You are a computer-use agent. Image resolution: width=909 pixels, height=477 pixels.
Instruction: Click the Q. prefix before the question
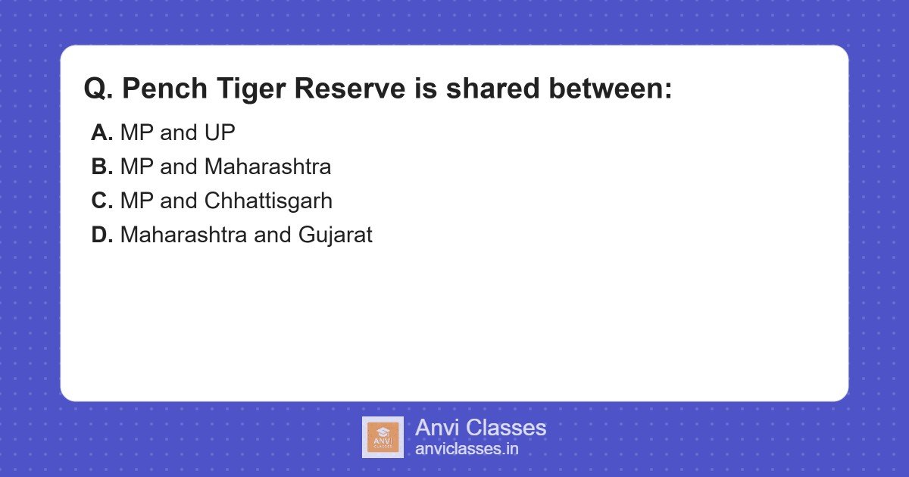pyautogui.click(x=98, y=89)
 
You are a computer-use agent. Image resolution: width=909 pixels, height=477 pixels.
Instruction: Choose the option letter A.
pyautogui.click(x=102, y=133)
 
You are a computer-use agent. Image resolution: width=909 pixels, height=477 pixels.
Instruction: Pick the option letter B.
pyautogui.click(x=102, y=167)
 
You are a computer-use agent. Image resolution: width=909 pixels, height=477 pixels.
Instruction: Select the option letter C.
pyautogui.click(x=102, y=201)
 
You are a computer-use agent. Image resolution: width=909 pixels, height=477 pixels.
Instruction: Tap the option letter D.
pyautogui.click(x=102, y=235)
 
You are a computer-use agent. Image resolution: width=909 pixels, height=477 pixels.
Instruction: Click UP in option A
pyautogui.click(x=220, y=133)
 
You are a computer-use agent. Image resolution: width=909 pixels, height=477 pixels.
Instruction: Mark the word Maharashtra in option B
pyautogui.click(x=267, y=167)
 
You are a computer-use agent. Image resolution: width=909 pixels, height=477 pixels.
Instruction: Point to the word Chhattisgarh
pyautogui.click(x=268, y=201)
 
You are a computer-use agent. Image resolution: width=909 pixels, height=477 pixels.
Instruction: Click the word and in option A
pyautogui.click(x=179, y=133)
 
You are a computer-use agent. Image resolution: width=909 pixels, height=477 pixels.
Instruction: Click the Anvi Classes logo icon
pyautogui.click(x=383, y=437)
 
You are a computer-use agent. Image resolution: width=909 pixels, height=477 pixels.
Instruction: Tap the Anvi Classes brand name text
pyautogui.click(x=480, y=428)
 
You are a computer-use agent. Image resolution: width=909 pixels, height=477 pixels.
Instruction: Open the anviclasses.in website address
pyautogui.click(x=467, y=449)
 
